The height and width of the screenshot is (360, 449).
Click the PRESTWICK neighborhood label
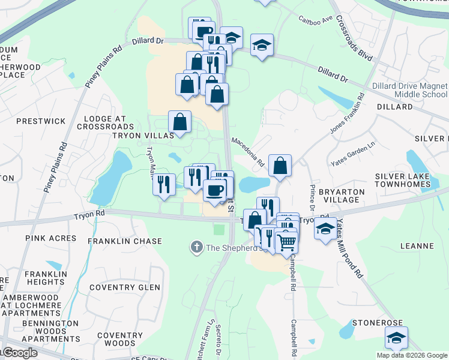[x=41, y=121]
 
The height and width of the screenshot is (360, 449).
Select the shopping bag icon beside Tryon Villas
[x=179, y=122]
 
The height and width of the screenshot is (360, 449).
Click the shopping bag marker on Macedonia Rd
[x=280, y=166]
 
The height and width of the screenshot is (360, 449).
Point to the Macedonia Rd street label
[x=248, y=152]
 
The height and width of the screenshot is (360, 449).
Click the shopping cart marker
[x=288, y=242]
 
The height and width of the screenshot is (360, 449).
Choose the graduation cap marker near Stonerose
[x=396, y=338]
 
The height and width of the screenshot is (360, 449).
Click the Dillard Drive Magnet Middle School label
[x=409, y=90]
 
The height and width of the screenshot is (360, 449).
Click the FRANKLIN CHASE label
[x=124, y=241]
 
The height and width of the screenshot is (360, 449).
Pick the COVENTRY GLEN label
[x=124, y=287]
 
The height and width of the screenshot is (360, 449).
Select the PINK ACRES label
[x=51, y=238]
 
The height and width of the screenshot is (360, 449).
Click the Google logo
[x=20, y=353]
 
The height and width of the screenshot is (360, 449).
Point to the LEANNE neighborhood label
[x=417, y=246]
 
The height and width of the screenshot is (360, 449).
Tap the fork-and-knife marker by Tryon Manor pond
[x=164, y=185]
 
